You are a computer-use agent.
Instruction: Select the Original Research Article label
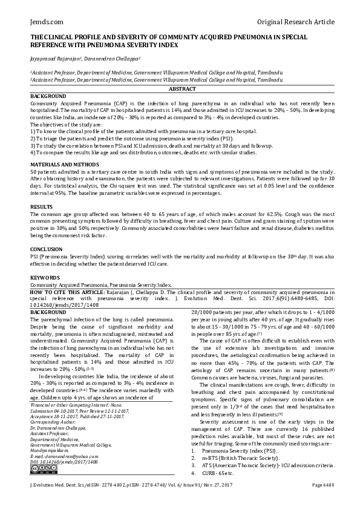point(295,22)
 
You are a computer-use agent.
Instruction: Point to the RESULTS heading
point(42,207)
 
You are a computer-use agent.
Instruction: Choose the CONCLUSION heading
point(47,249)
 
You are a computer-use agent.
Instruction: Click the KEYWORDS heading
point(45,277)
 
